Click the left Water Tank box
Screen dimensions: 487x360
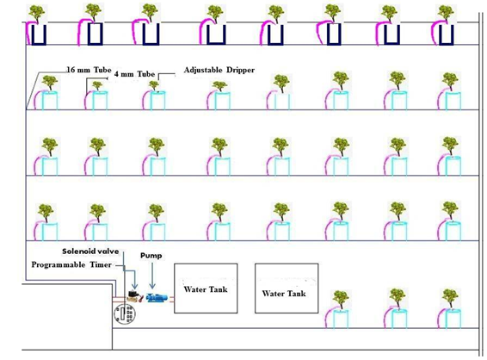(206, 289)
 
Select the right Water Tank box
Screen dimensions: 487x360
(287, 289)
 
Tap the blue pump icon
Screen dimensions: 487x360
(157, 297)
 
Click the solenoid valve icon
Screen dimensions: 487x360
(134, 295)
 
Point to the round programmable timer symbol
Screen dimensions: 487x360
(124, 313)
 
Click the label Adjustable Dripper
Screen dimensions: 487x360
(219, 70)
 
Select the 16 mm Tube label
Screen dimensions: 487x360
(89, 70)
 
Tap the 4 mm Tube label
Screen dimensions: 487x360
(134, 74)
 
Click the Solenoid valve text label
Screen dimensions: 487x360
(90, 251)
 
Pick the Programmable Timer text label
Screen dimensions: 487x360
(71, 264)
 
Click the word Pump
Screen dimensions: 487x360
(151, 256)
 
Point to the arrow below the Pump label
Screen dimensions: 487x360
(152, 276)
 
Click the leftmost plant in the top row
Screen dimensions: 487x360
(37, 13)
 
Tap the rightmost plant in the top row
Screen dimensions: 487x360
(446, 14)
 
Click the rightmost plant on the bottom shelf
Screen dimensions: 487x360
(450, 299)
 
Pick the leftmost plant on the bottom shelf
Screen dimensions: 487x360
(341, 300)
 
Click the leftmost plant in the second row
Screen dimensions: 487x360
(49, 83)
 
